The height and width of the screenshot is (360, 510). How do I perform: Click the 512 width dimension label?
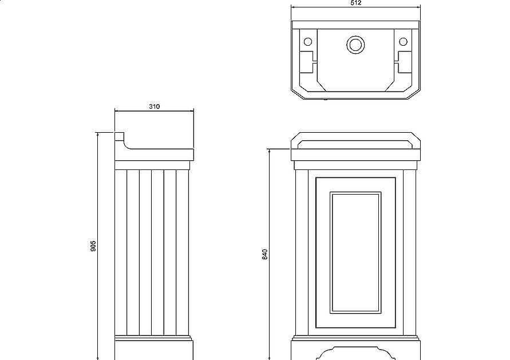point(356,3)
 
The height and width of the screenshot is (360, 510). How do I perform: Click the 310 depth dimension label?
point(155,106)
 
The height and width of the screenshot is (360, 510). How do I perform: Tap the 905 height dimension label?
point(93,246)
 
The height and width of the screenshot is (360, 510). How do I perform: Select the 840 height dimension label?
point(265,254)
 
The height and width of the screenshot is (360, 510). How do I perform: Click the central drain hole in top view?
point(355,44)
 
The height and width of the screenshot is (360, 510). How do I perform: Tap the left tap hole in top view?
point(308,42)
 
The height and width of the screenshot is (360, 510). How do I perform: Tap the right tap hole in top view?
point(403,42)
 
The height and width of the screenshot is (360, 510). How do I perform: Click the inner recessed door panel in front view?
point(355,252)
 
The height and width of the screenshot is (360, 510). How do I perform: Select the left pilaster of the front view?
point(302,252)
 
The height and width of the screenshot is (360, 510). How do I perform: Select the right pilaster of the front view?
point(409,252)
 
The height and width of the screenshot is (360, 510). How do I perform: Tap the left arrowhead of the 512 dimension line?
point(292,6)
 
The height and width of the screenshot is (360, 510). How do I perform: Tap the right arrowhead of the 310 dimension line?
point(192,111)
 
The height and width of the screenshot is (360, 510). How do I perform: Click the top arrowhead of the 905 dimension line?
point(97,134)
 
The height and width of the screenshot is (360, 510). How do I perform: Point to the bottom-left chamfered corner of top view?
point(297,94)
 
